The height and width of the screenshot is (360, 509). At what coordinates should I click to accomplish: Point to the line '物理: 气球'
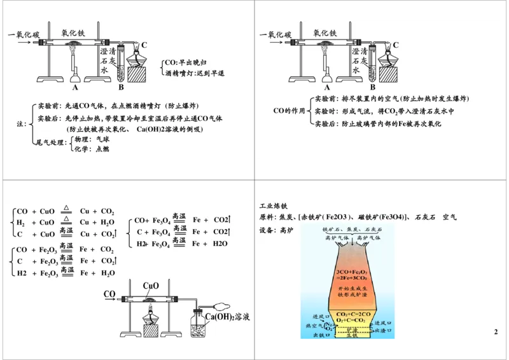pyautogui.click(x=92, y=138)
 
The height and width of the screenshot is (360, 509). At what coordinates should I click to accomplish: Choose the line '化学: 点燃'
pyautogui.click(x=92, y=149)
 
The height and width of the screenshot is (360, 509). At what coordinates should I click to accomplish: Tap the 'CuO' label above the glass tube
pyautogui.click(x=151, y=286)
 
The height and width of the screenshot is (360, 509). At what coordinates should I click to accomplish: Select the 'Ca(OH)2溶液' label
pyautogui.click(x=227, y=317)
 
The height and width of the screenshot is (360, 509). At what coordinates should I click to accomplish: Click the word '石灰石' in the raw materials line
pyautogui.click(x=424, y=218)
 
